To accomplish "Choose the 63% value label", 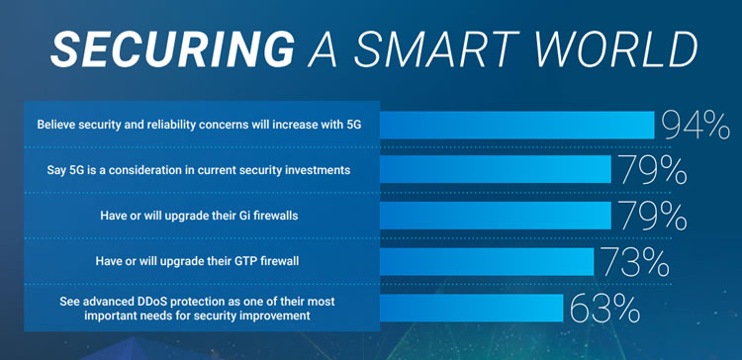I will click(x=603, y=308).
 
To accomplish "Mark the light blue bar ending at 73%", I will click(x=486, y=262).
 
